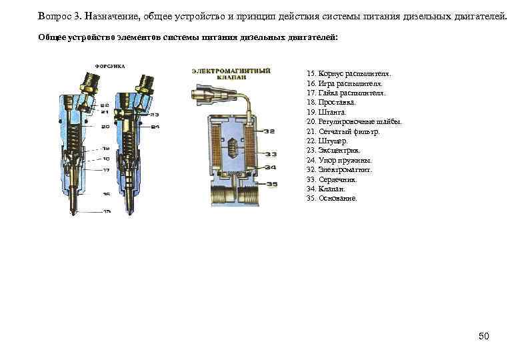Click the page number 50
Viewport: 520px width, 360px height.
[484, 336]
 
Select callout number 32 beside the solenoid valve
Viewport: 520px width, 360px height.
[270, 131]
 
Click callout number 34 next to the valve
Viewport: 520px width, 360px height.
[270, 168]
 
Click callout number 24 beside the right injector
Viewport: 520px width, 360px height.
[155, 126]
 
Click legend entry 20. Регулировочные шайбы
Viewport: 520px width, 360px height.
[354, 123]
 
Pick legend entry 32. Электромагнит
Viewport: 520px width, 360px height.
[341, 170]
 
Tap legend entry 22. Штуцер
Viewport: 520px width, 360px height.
[327, 141]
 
